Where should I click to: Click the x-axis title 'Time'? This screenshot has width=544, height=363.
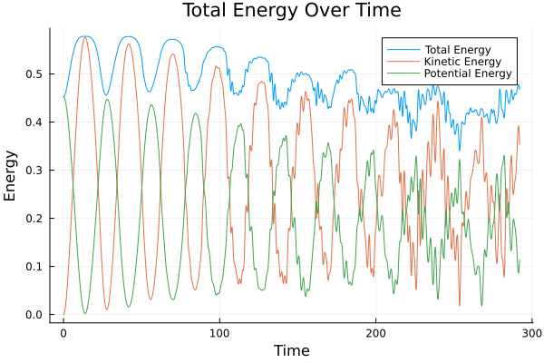291,350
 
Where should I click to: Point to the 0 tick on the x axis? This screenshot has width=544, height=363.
63,332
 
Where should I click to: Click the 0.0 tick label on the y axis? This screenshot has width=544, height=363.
34,315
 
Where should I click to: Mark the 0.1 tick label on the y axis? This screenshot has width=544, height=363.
34,267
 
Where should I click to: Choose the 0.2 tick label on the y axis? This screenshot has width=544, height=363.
34,219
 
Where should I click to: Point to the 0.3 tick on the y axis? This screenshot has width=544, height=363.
34,171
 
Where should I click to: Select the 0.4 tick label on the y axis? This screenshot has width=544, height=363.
34,123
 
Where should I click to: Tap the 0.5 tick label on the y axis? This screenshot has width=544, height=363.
34,74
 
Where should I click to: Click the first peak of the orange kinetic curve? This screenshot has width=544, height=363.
85,37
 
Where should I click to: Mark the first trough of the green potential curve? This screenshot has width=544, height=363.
85,313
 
